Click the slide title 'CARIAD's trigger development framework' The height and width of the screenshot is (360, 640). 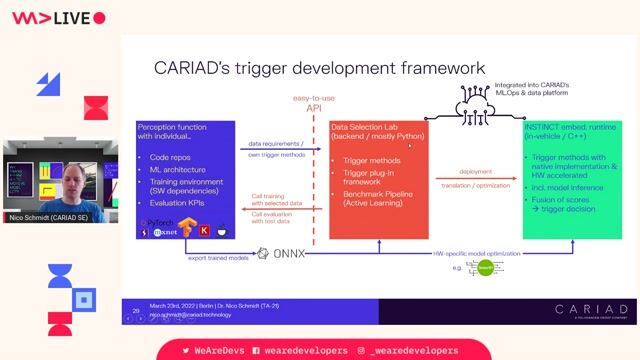(319, 68)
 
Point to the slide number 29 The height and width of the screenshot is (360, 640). (136, 311)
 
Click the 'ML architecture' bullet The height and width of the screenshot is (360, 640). (178, 170)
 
